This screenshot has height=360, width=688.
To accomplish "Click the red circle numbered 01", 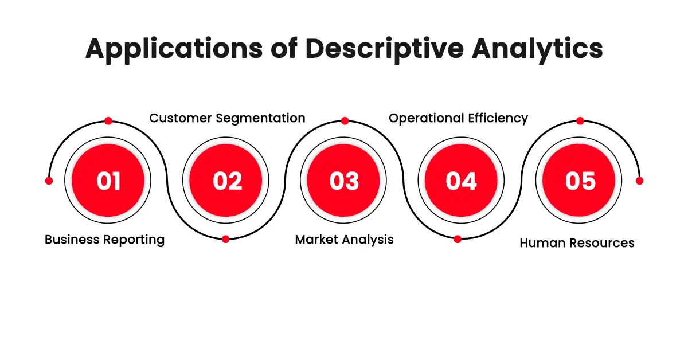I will click(x=108, y=181).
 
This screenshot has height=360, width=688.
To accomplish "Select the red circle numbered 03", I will click(x=343, y=181).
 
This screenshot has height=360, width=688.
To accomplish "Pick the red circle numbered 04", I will click(x=461, y=181).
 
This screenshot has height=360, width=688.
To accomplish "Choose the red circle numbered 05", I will click(x=579, y=181).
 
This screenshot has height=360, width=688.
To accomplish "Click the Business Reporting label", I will click(x=104, y=240).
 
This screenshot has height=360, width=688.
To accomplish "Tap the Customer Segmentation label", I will click(x=227, y=118).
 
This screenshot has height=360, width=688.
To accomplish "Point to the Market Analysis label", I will click(x=344, y=240).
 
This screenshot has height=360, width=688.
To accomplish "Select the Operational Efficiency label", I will click(x=458, y=118).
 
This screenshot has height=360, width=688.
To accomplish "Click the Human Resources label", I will click(x=577, y=243).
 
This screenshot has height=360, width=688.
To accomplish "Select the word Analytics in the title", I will click(x=537, y=49).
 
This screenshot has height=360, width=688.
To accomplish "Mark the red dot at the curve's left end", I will click(x=49, y=181).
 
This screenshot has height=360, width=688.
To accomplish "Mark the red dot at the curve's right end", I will click(x=640, y=181).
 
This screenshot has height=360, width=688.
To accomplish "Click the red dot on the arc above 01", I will click(x=108, y=121).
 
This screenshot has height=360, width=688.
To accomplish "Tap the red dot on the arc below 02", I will click(x=226, y=239).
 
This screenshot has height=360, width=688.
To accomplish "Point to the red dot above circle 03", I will click(x=345, y=121).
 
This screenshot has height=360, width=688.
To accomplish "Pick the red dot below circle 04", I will click(x=458, y=239).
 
